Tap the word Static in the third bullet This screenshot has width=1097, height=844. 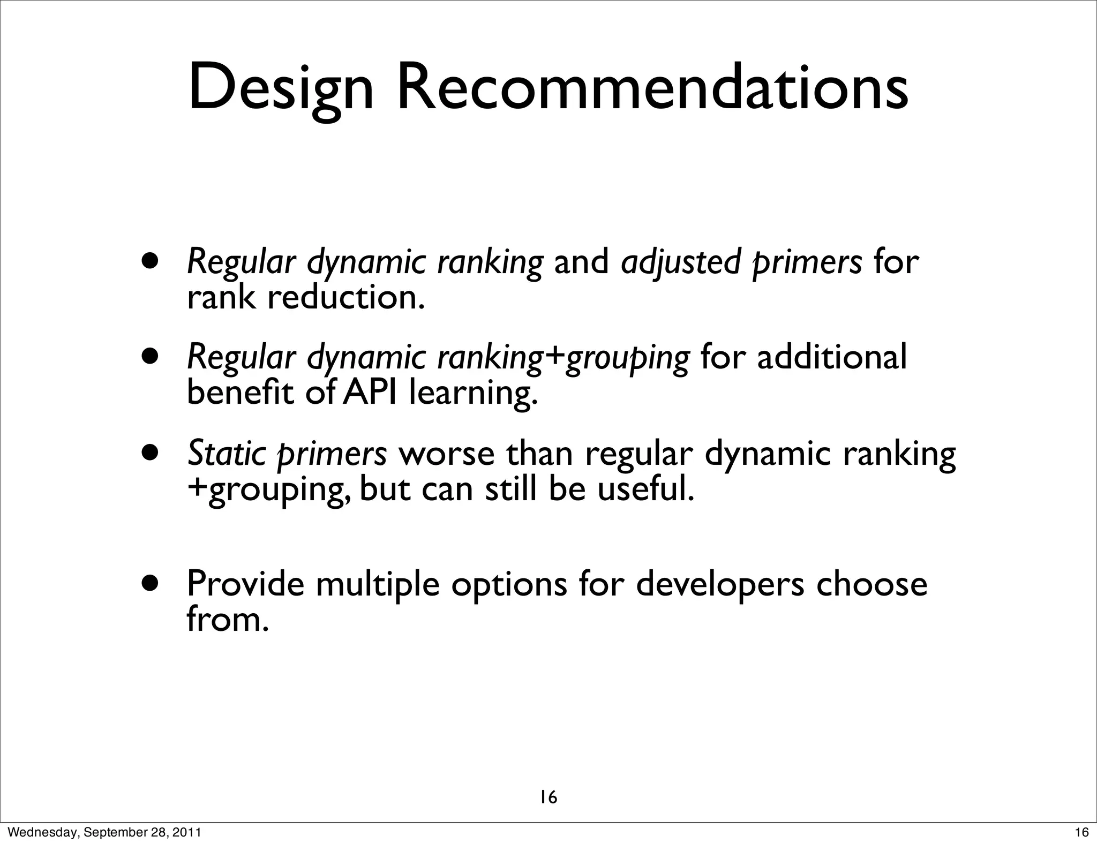[x=226, y=454]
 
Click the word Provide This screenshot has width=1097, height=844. [x=245, y=584]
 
